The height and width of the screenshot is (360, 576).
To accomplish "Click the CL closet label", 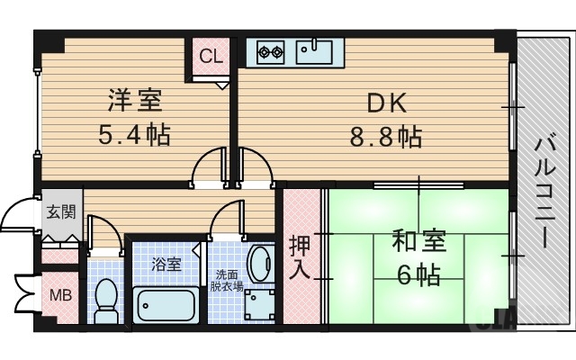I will tap(211, 57).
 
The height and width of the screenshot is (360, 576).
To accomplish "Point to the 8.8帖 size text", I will tap(385, 138).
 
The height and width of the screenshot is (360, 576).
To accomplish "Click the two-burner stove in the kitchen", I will tap(270, 52).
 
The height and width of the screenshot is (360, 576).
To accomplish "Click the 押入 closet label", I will tap(301, 256).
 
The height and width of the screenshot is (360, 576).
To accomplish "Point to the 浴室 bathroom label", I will tap(166, 265).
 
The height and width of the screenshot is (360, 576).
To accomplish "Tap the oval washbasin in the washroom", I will tap(261, 265).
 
